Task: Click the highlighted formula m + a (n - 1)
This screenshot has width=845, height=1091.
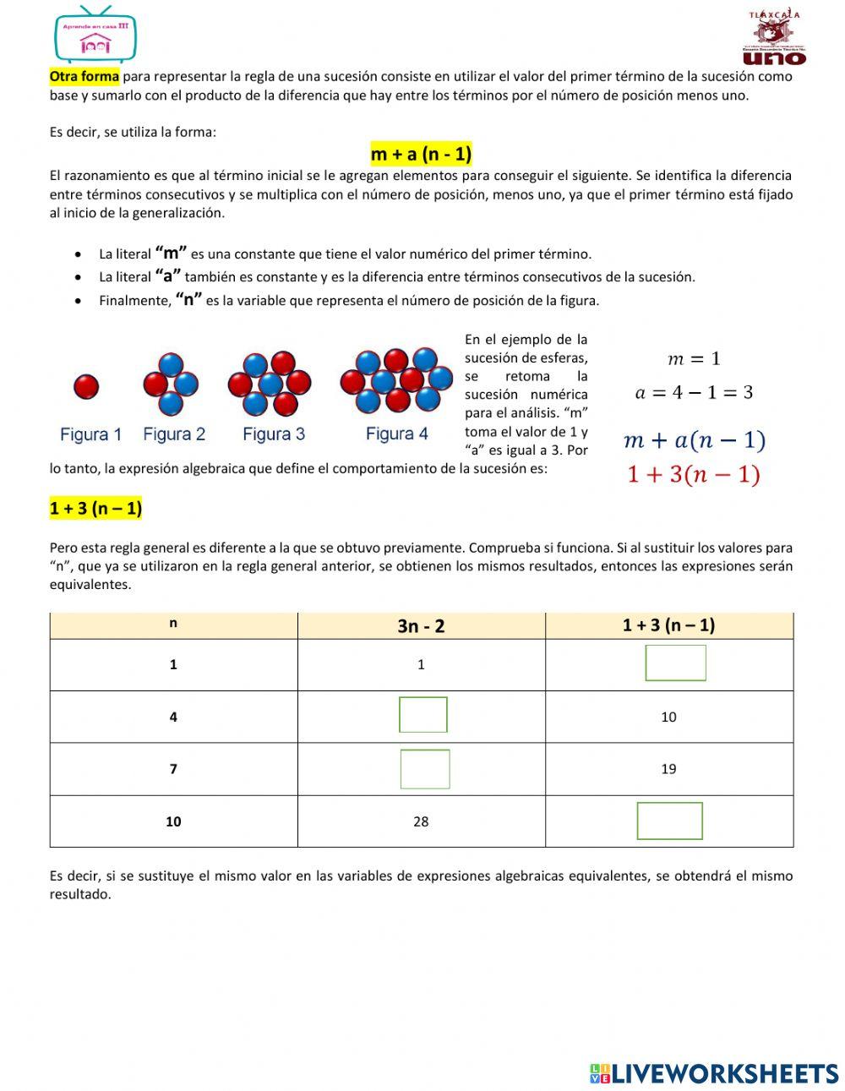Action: [421, 154]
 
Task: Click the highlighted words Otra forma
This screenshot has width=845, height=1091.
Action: [84, 76]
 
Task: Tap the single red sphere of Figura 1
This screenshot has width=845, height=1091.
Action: [86, 387]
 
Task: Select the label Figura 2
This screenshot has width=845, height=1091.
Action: [174, 434]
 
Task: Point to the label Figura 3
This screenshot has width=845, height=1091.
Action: [273, 434]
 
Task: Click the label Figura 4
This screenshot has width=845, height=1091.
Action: [396, 434]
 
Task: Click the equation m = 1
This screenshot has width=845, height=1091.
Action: [694, 359]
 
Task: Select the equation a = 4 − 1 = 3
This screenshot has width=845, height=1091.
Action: [694, 392]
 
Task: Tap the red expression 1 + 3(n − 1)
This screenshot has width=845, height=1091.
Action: [694, 475]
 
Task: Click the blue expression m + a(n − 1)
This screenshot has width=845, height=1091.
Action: [694, 440]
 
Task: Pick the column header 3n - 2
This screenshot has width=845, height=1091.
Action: [421, 626]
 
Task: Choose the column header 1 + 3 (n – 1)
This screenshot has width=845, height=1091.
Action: [668, 625]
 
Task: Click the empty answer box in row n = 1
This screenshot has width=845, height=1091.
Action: [675, 663]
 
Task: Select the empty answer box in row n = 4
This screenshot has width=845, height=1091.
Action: [423, 715]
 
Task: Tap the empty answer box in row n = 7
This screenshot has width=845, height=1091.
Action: [424, 769]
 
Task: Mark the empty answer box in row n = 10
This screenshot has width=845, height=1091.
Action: [669, 821]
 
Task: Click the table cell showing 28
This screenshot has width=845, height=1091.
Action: [421, 821]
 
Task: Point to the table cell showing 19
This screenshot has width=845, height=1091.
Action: [668, 769]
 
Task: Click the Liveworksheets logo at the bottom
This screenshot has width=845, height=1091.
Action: [714, 1073]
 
